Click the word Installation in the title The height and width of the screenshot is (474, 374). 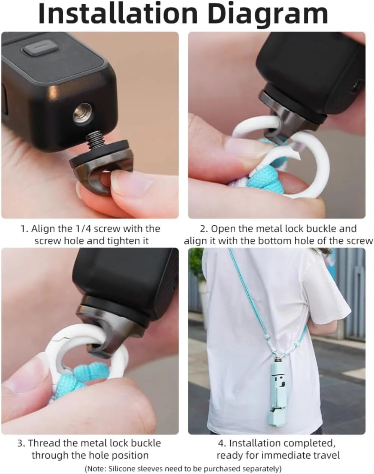[x=118, y=14]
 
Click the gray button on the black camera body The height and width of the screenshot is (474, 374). [x=42, y=51]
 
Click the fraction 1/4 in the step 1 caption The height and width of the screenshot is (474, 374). [x=83, y=229]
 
